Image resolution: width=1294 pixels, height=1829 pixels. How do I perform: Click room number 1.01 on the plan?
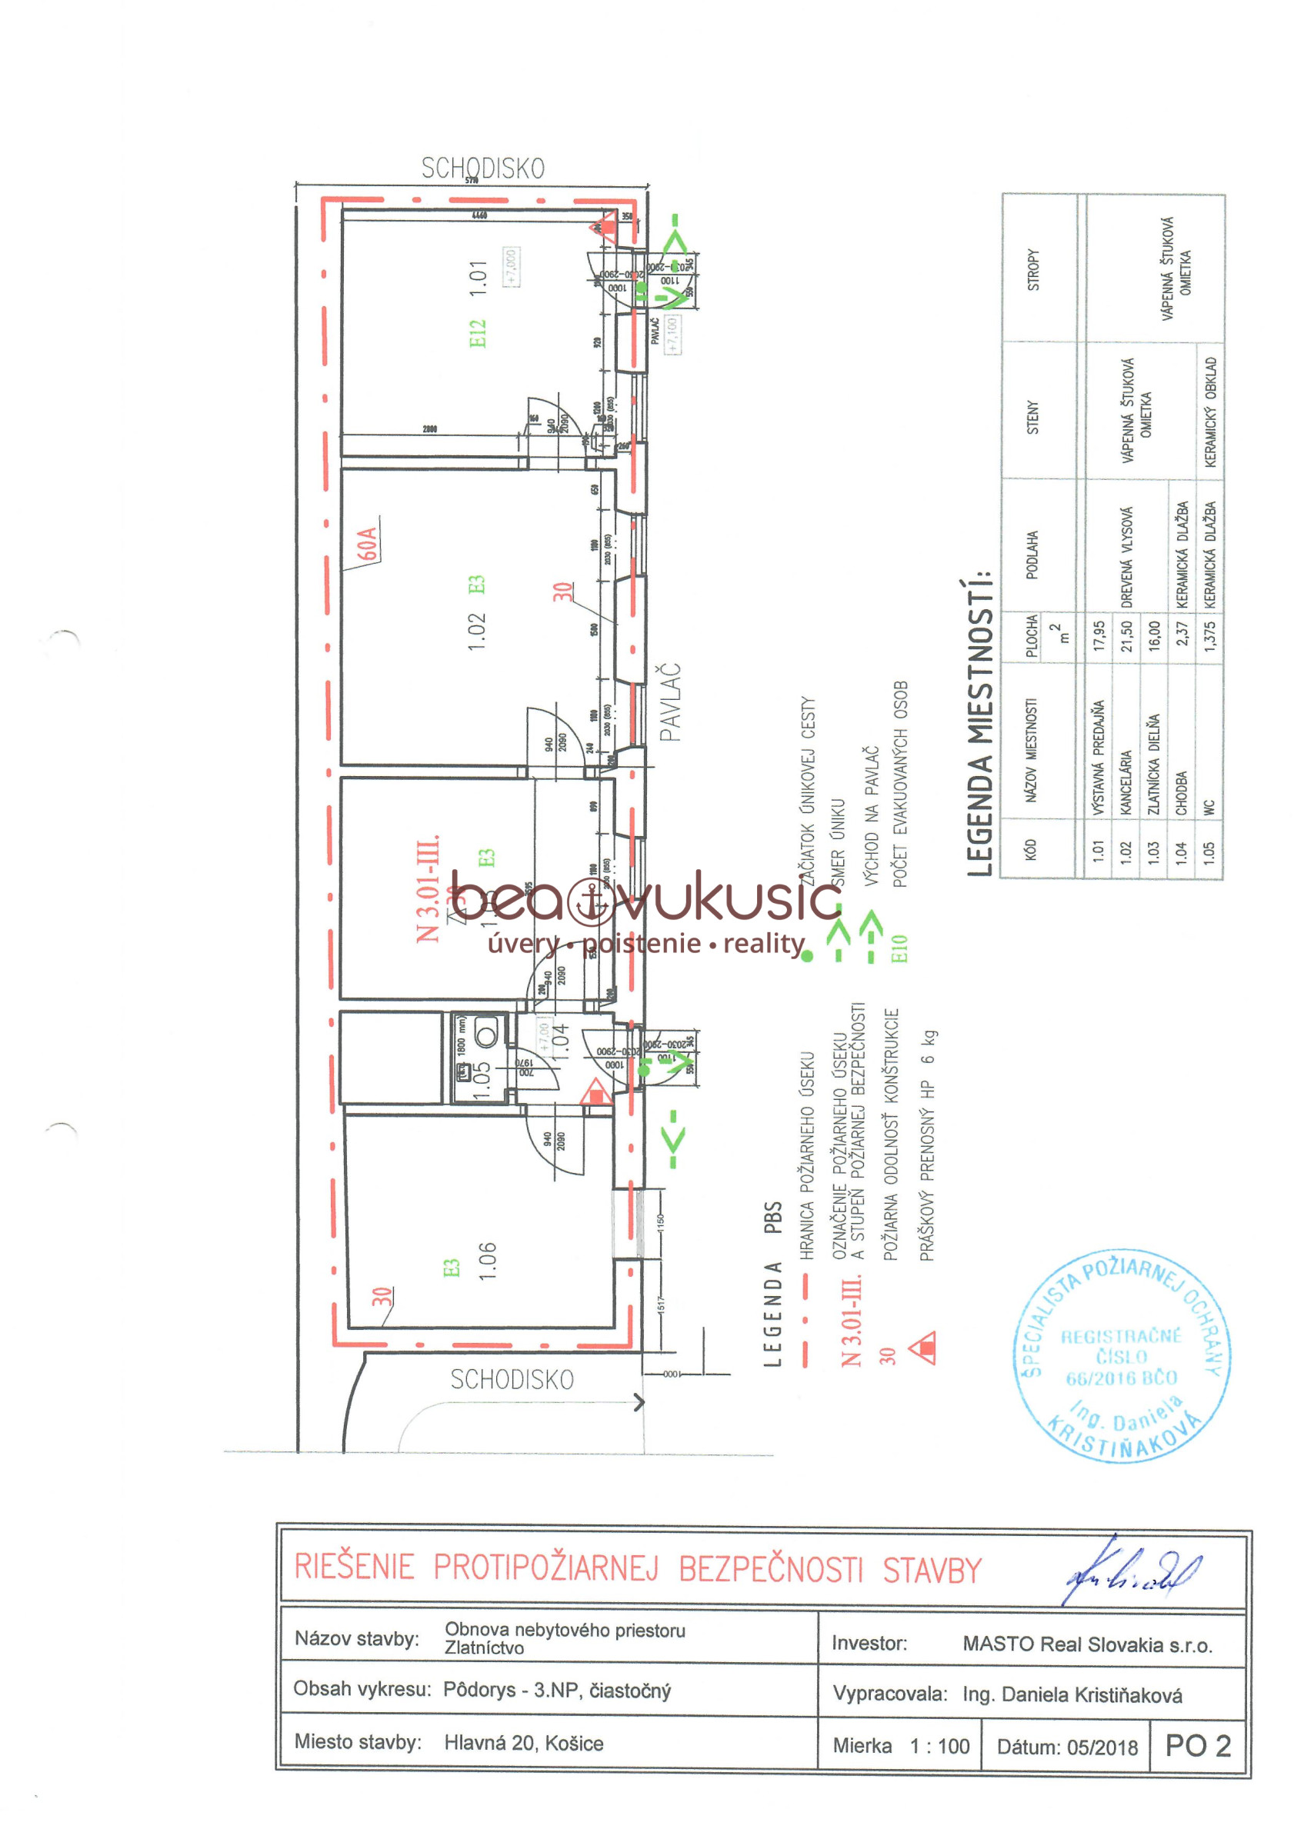click(x=478, y=278)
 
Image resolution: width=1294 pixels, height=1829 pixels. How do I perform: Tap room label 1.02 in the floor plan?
click(x=476, y=631)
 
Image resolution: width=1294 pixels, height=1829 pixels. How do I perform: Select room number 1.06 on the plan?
click(x=487, y=1260)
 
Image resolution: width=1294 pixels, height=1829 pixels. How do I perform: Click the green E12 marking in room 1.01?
click(x=477, y=334)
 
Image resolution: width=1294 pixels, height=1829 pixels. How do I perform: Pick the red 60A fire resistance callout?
click(x=366, y=543)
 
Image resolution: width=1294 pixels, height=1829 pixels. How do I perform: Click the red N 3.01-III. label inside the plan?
click(x=428, y=888)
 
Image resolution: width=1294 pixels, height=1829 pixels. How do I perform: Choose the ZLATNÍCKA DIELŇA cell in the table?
click(x=1153, y=763)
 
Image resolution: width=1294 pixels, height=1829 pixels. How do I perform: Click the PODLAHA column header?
click(x=1032, y=555)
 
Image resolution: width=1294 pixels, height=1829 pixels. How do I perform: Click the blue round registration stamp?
click(x=1122, y=1355)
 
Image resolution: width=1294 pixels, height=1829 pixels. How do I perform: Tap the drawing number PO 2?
click(x=1198, y=1745)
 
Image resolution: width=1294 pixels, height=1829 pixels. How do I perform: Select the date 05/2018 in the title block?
click(x=1067, y=1747)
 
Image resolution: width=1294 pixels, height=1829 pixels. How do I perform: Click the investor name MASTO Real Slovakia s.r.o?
click(x=1087, y=1644)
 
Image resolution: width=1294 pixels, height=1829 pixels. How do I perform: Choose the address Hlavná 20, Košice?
click(x=523, y=1743)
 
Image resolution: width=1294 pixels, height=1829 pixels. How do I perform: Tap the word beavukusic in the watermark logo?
click(x=645, y=898)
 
